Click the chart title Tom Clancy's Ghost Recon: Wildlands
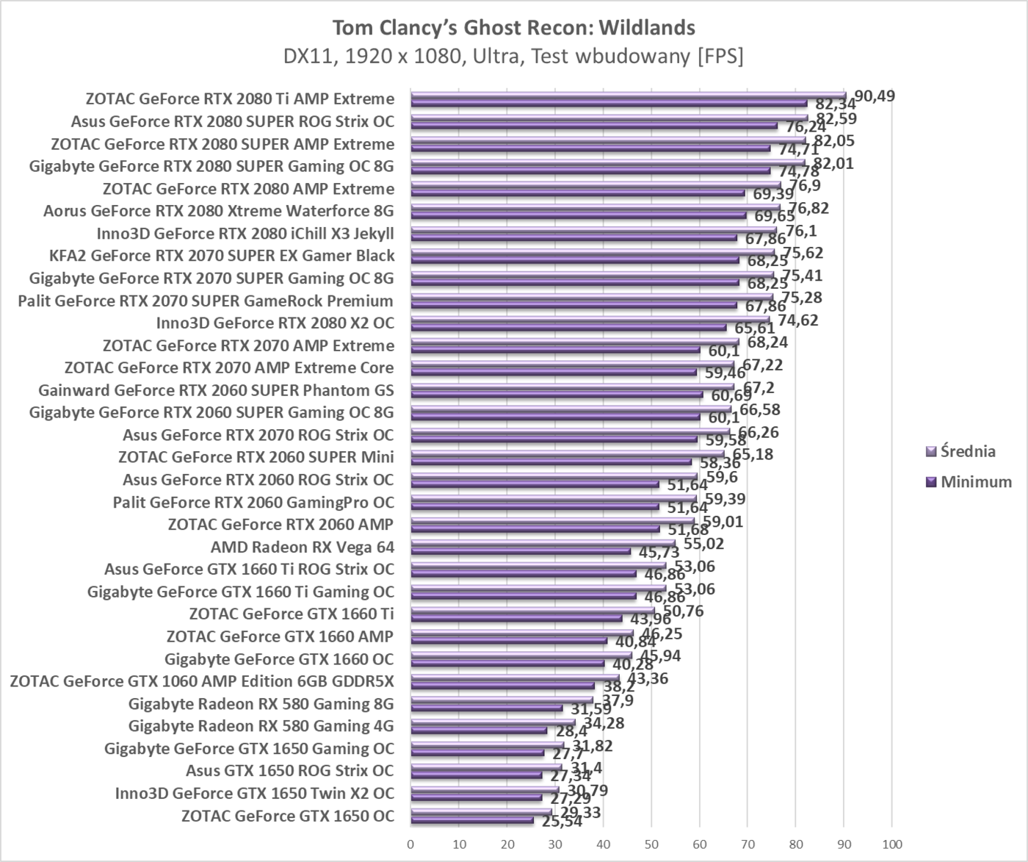point(513,28)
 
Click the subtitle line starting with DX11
point(513,57)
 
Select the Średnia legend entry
point(968,451)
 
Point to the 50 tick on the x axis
point(651,844)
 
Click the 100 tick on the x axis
point(891,844)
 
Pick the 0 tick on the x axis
point(410,844)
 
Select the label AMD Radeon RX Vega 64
point(302,547)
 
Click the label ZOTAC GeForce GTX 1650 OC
point(287,816)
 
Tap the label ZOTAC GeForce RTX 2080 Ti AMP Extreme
point(239,98)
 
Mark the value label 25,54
point(562,822)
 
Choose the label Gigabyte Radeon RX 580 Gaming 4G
point(261,726)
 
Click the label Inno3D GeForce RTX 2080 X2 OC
point(275,323)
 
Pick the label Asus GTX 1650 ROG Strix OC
point(289,771)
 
